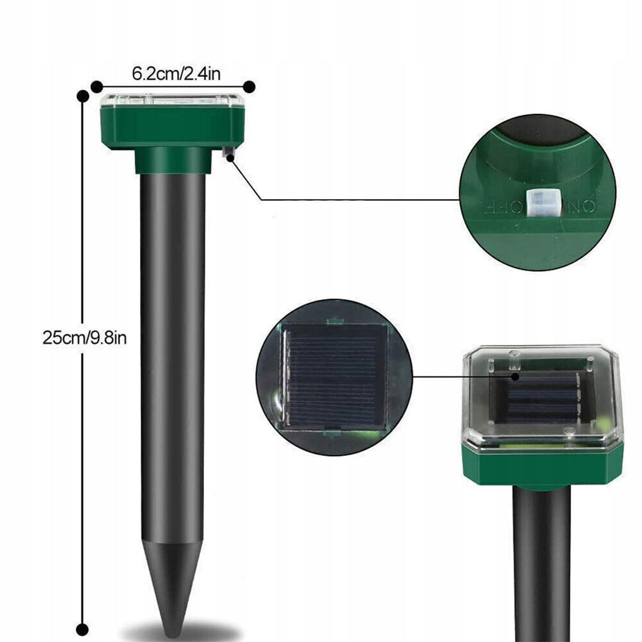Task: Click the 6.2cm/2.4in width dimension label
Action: [x=176, y=73]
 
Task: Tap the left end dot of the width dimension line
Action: [x=97, y=88]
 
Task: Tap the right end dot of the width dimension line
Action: [x=249, y=87]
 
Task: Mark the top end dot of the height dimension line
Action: [x=82, y=96]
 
